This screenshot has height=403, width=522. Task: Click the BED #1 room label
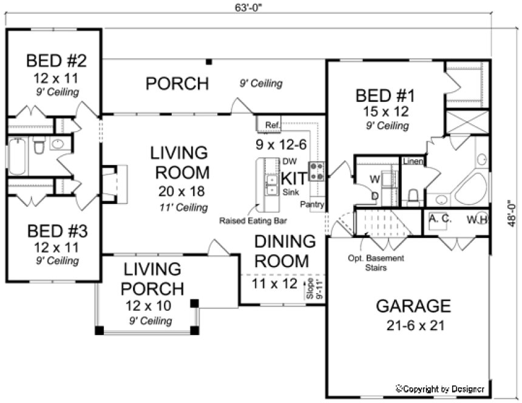pos(384,96)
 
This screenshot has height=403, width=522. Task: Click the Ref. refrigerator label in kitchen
pos(272,126)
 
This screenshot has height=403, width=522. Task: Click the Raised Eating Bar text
pos(253,222)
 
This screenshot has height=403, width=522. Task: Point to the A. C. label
pos(440,218)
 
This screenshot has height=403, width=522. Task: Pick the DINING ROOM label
pos(285,251)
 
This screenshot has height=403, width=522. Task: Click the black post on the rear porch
pos(208,61)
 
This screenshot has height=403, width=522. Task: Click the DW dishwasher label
pos(288,161)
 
